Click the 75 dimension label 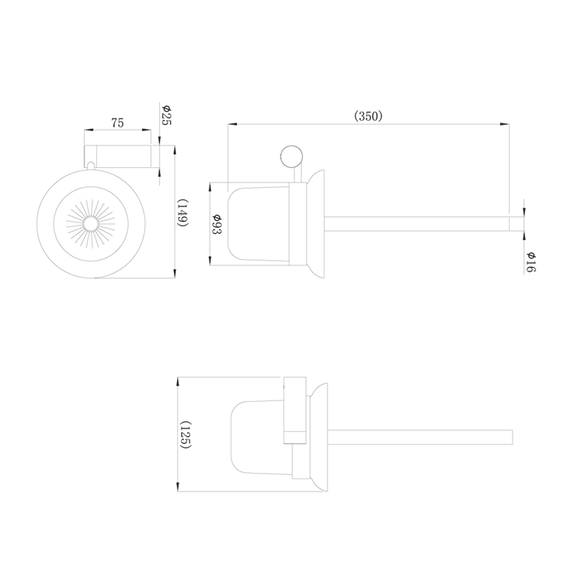(x=118, y=123)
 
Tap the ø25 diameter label (x=166, y=115)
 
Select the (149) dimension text (x=183, y=212)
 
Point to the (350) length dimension (x=368, y=116)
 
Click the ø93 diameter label (x=216, y=224)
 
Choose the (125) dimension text (x=185, y=435)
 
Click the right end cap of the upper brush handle (x=516, y=224)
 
